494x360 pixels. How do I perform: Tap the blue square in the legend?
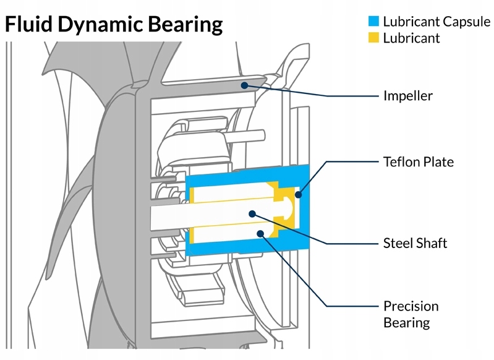pos(373,21)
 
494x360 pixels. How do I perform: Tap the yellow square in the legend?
pos(373,38)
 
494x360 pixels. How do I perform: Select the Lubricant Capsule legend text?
pos(436,21)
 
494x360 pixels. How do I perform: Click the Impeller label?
pos(408,96)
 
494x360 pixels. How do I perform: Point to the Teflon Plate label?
pos(419,162)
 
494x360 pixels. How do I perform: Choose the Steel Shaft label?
pos(415,242)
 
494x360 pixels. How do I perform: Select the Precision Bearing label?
pos(411,314)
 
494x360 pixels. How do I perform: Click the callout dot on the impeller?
pos(245,85)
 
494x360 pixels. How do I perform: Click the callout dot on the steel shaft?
pos(252,213)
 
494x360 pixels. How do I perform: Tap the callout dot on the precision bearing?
pos(261,234)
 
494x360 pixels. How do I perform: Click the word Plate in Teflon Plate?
pos(440,162)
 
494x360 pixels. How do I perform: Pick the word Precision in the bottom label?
pos(411,306)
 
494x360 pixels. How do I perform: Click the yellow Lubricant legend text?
pos(411,38)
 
